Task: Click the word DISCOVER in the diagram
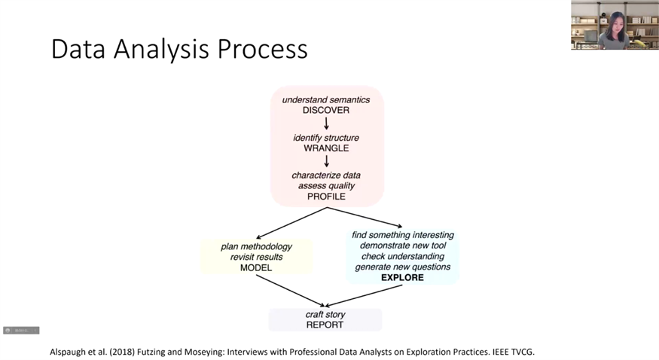(x=326, y=110)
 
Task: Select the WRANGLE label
(x=326, y=148)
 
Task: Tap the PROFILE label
(x=326, y=197)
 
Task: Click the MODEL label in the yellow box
(x=256, y=267)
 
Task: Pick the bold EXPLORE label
(x=402, y=278)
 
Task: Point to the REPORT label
(x=325, y=325)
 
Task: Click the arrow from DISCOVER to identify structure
(x=327, y=124)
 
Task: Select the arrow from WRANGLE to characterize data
(x=327, y=161)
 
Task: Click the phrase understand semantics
(x=326, y=99)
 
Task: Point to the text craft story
(x=325, y=314)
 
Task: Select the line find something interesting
(x=403, y=235)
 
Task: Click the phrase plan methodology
(x=256, y=246)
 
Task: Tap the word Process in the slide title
(x=264, y=50)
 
